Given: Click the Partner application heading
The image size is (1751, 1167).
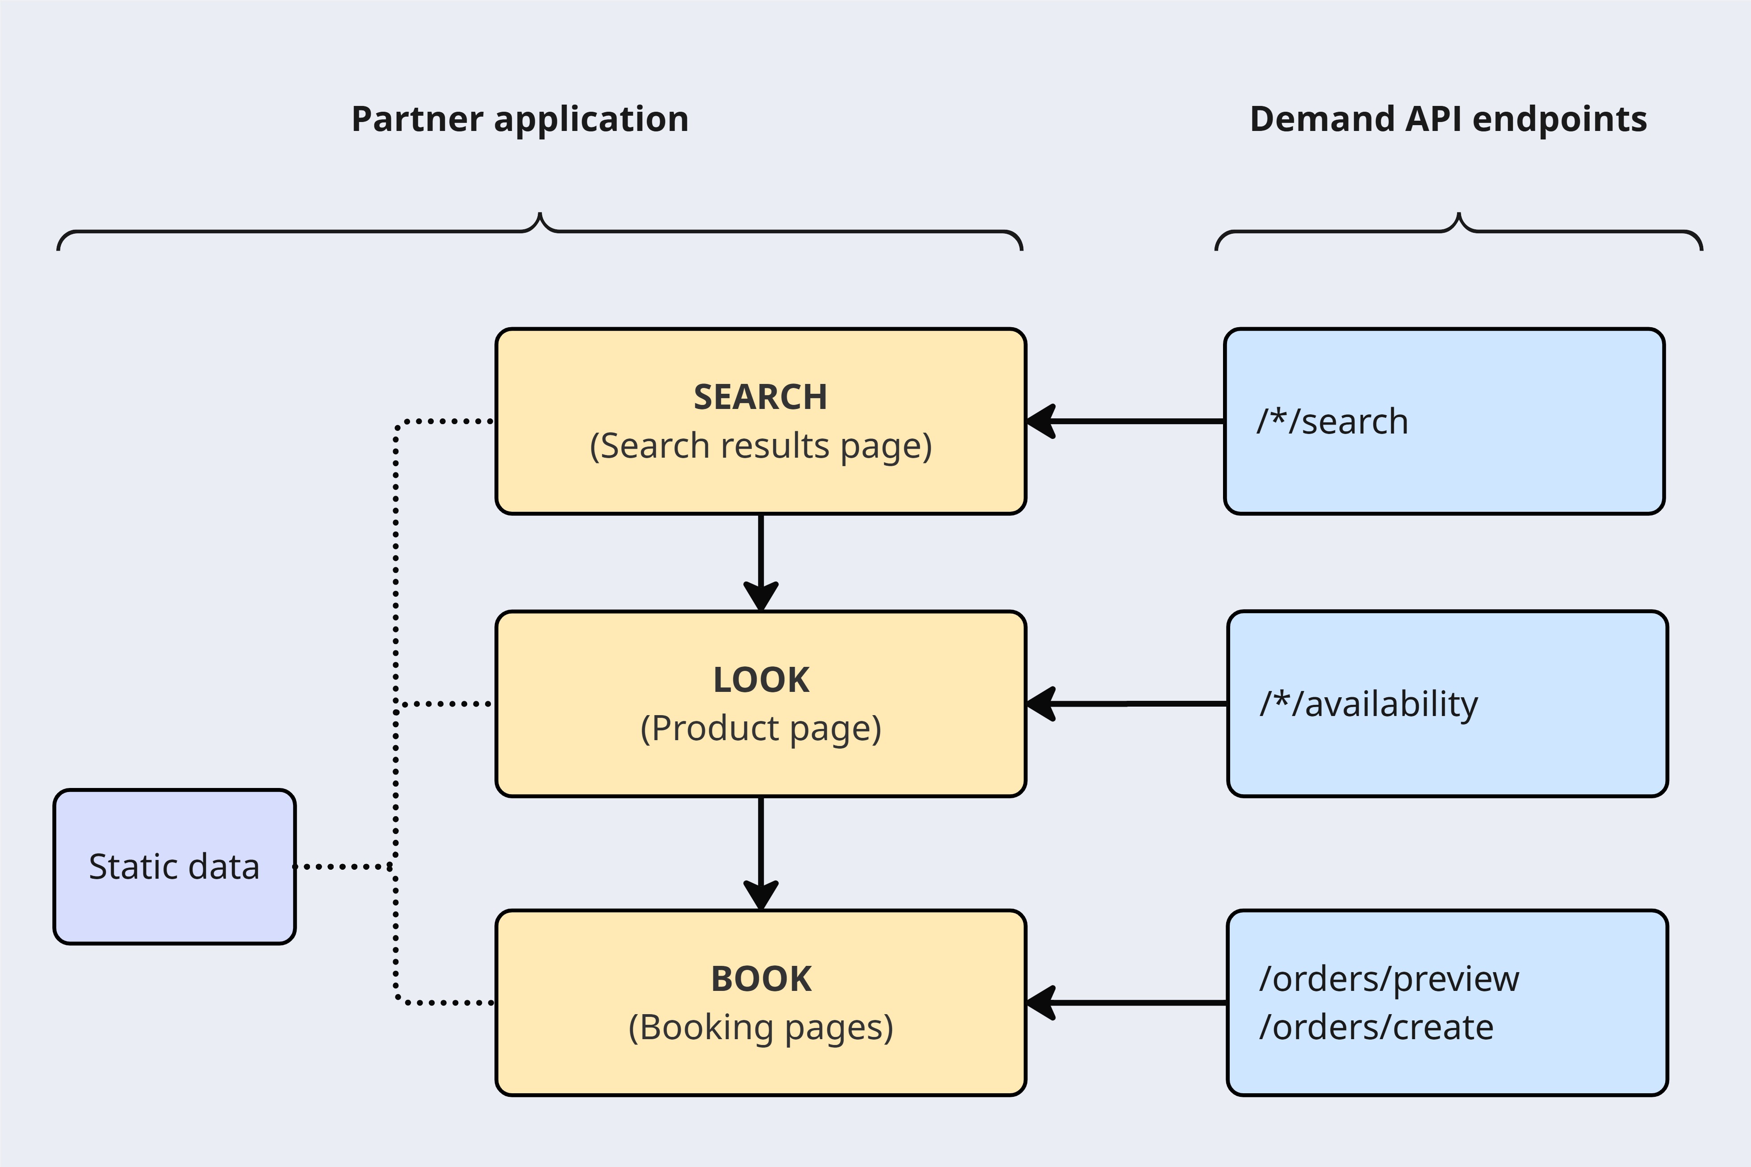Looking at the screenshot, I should pyautogui.click(x=520, y=119).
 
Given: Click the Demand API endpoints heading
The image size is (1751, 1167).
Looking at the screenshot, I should pyautogui.click(x=1448, y=119).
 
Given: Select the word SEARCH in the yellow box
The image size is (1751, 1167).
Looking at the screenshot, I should pyautogui.click(x=760, y=397).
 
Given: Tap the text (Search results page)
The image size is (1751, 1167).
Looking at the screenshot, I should pyautogui.click(x=760, y=446).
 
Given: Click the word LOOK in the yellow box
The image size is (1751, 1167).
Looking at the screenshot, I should pyautogui.click(x=760, y=679).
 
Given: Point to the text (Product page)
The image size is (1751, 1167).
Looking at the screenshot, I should pyautogui.click(x=760, y=728).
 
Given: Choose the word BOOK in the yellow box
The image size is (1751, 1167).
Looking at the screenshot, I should pyautogui.click(x=760, y=979).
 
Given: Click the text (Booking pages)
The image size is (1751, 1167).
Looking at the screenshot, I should pyautogui.click(x=760, y=1028).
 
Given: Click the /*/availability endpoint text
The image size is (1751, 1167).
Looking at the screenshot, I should pyautogui.click(x=1369, y=704).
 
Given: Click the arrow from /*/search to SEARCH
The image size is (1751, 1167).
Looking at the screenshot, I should pyautogui.click(x=1123, y=421).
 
